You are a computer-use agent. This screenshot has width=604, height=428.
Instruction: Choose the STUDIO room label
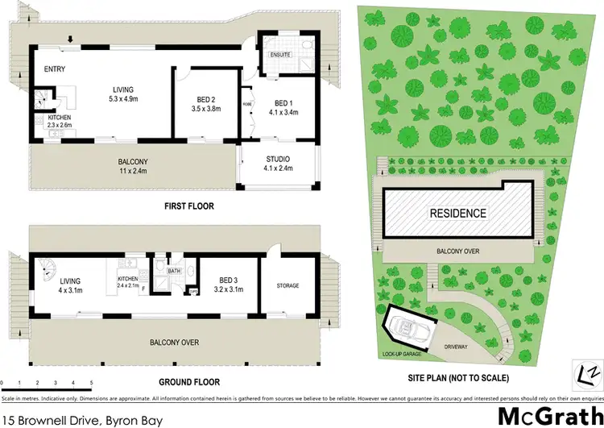click(x=276, y=159)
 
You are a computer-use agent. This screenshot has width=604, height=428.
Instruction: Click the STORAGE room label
click(x=288, y=285)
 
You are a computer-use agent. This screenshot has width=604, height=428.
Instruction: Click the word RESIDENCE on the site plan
click(x=457, y=214)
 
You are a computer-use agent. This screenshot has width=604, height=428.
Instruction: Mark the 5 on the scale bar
click(x=91, y=382)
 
